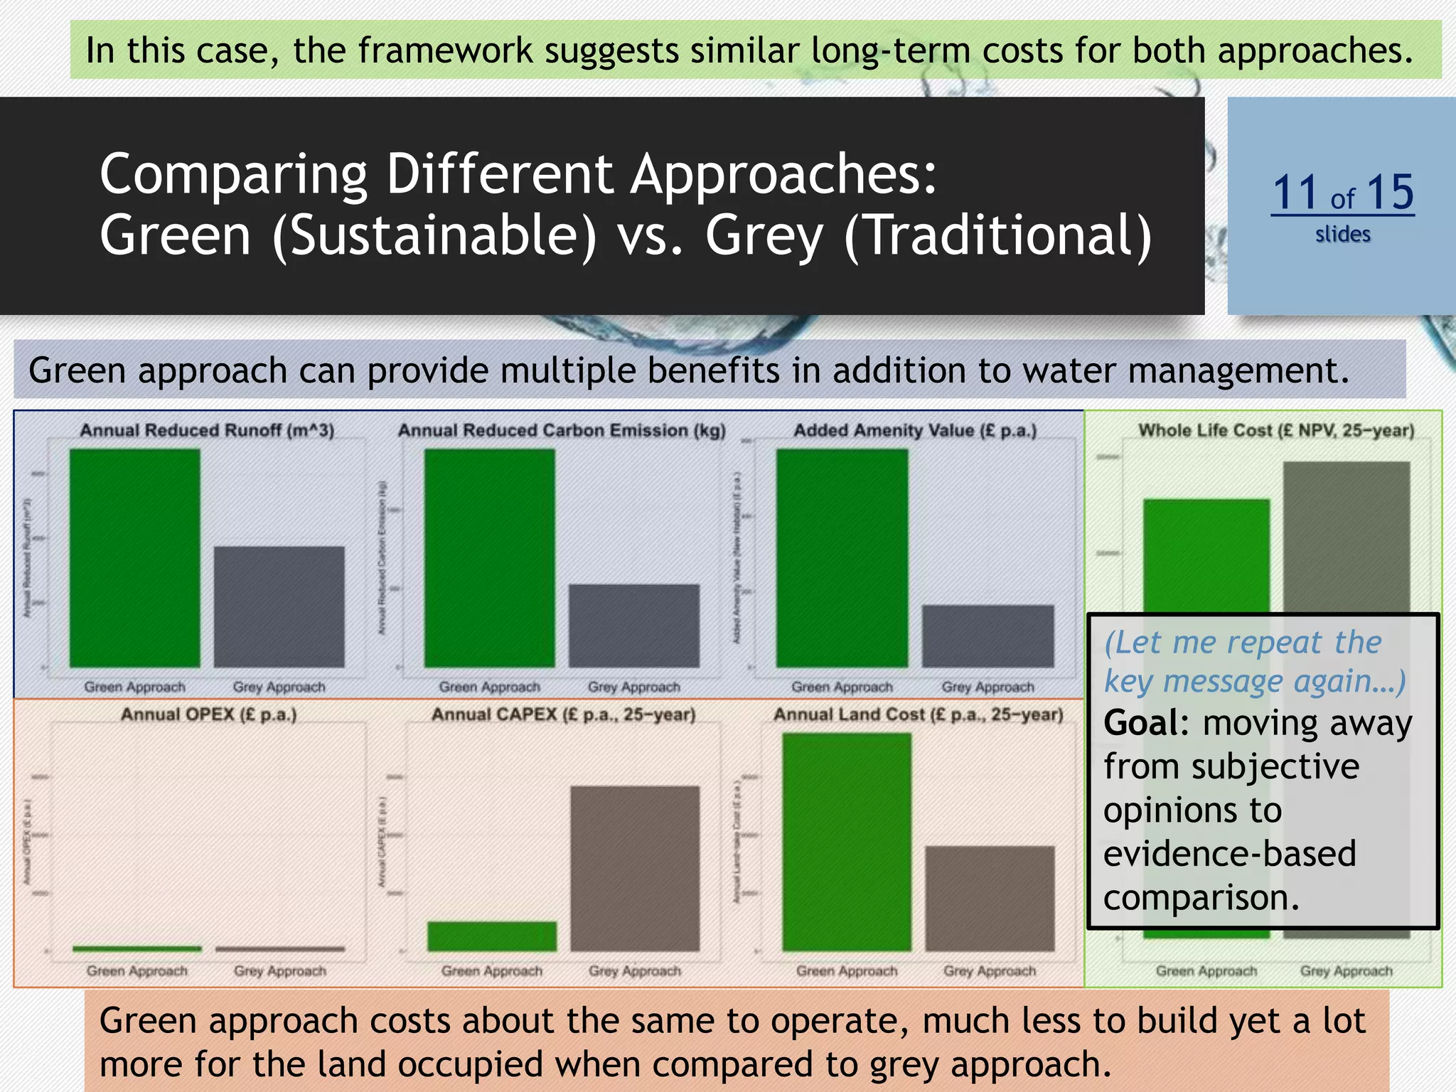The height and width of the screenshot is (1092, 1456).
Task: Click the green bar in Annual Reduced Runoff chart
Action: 135,558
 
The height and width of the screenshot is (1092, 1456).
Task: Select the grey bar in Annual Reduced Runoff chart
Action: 279,606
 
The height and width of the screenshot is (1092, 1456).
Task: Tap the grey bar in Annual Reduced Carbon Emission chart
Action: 634,626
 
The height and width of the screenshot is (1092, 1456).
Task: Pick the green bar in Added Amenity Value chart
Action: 842,558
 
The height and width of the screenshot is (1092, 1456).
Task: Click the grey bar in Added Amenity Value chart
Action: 987,636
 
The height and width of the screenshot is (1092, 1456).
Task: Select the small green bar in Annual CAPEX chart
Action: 492,936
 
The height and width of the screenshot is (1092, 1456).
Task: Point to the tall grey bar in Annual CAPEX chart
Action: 635,868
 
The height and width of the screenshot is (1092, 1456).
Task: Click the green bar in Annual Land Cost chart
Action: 847,842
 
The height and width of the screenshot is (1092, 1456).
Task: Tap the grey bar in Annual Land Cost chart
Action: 990,898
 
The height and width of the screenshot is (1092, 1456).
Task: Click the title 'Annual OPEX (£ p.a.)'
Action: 208,714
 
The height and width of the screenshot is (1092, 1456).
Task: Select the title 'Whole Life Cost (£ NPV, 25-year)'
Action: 1276,431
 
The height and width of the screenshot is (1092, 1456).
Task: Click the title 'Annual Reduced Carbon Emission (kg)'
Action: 562,431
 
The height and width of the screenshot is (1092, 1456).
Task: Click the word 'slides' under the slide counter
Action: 1342,235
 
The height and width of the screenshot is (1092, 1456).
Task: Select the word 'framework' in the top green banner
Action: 445,50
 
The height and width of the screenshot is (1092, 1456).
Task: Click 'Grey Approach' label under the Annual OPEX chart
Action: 280,971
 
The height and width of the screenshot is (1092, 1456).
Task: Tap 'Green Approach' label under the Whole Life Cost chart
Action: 1206,971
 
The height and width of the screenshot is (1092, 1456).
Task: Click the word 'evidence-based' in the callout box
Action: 1229,854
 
